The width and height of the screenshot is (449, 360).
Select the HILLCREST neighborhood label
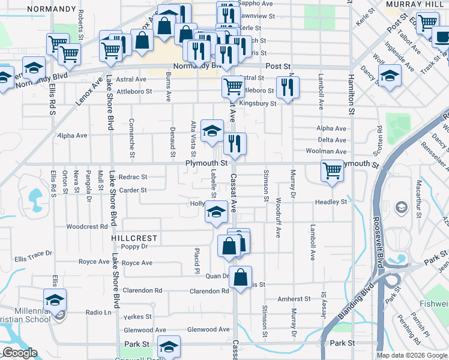(x=129, y=238)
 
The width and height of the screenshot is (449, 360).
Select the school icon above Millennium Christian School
(x=55, y=299)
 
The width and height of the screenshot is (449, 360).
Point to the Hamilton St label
(x=352, y=94)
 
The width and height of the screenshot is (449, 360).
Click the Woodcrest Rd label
(x=86, y=227)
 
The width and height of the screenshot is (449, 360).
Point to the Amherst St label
(x=294, y=299)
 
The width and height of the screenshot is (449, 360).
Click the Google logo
(x=20, y=353)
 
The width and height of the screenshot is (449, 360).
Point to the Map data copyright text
(x=412, y=355)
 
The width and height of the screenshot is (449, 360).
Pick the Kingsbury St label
(x=258, y=103)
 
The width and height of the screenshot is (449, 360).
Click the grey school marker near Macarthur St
(x=400, y=208)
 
